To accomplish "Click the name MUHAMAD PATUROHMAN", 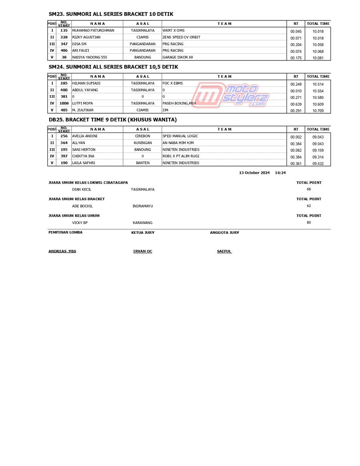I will [93, 30].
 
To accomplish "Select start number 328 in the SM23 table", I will [64, 37].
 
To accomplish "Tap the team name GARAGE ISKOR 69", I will [178, 57].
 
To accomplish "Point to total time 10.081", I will [318, 58].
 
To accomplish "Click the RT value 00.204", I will [296, 45].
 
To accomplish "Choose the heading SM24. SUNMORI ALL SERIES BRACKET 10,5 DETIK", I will [113, 67].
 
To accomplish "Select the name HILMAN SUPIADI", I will [86, 83].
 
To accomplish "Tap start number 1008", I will [64, 103].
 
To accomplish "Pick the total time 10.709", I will [318, 111].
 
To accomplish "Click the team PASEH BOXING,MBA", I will [179, 103].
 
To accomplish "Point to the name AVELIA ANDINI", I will [85, 136].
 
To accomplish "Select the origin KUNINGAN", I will [143, 143].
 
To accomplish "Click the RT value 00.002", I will [296, 137].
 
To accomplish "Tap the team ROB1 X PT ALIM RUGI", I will [181, 156].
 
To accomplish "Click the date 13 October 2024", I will [254, 173].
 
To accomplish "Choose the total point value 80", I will [309, 223].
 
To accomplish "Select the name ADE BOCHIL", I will [82, 206].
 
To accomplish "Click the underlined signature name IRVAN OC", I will [143, 251].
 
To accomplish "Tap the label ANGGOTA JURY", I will [224, 233].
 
